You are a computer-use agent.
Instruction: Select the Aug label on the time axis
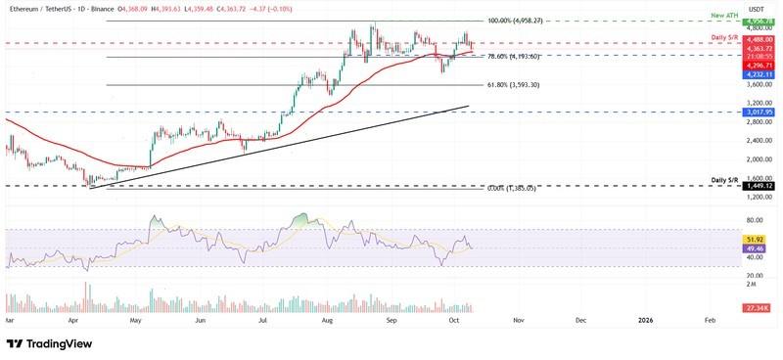tap(328, 320)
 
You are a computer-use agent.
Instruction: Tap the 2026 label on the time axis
tap(646, 320)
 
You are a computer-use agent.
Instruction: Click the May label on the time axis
tap(137, 320)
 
